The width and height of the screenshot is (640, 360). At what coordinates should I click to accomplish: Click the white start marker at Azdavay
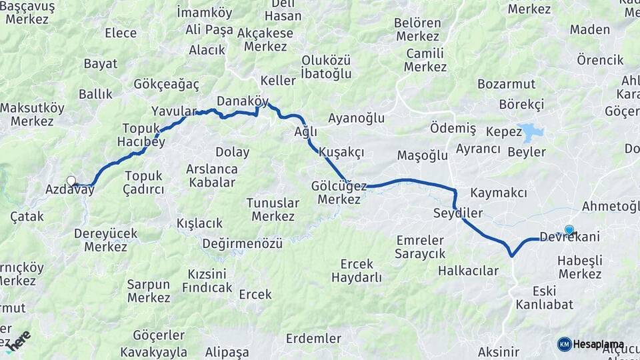coord(71,180)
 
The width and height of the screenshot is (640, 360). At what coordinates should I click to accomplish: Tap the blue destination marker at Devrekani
coord(569,230)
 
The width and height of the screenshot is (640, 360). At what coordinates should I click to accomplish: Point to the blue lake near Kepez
coord(532,132)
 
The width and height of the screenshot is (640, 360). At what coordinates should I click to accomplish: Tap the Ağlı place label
coord(306,132)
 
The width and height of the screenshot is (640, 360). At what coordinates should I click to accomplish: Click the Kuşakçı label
coord(341,152)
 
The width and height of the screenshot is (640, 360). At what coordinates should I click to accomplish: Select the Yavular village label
coord(175,111)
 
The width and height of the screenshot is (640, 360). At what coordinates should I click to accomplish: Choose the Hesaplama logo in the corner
coord(591,344)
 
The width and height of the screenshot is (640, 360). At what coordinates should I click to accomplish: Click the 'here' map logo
coord(18,341)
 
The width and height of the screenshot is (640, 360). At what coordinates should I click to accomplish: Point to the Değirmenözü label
coord(243,243)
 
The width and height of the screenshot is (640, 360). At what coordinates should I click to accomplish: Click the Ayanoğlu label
coord(357,118)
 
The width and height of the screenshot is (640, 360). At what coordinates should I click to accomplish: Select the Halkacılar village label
coord(468,271)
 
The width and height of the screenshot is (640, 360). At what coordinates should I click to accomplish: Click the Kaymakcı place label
coord(499,193)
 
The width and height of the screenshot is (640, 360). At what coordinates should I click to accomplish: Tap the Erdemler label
coord(313,338)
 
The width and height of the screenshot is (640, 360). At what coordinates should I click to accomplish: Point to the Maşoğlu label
coord(422,155)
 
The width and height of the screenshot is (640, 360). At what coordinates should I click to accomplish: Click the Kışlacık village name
coord(199,223)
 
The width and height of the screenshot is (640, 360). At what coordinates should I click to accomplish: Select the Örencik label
coord(600,60)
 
